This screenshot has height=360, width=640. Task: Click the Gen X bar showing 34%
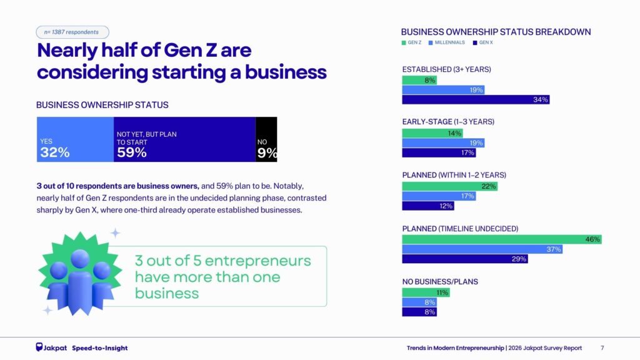[x=476, y=99]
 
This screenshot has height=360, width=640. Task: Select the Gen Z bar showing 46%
[x=501, y=239]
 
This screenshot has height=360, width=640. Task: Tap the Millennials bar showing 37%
[x=482, y=249]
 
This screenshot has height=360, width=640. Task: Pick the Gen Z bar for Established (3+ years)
[x=419, y=80]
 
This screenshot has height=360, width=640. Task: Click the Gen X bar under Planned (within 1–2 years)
[x=419, y=206]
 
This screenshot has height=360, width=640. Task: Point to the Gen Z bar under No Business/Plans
[x=426, y=292]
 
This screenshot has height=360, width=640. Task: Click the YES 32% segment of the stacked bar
[x=75, y=139]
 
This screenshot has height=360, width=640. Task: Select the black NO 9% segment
[x=266, y=139]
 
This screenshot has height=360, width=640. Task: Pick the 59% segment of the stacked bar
[x=184, y=139]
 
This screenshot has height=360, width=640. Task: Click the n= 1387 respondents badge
[x=72, y=32]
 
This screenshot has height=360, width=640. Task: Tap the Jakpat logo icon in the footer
[x=39, y=347]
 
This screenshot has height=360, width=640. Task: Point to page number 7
[x=602, y=347]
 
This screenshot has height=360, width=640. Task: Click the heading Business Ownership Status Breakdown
[x=496, y=32]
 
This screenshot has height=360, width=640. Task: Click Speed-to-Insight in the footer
[x=99, y=347]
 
